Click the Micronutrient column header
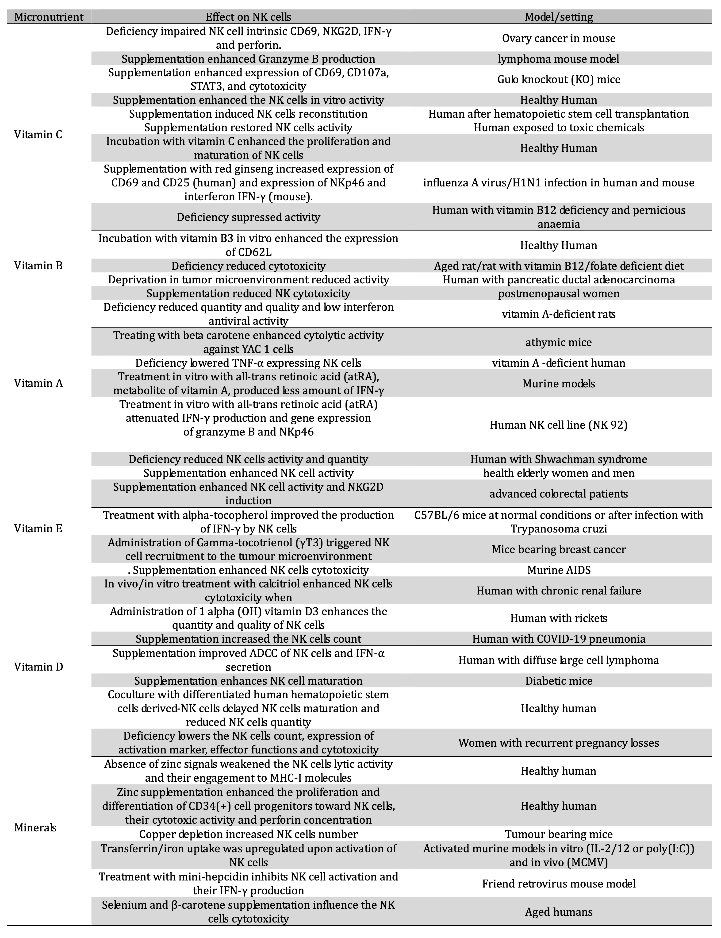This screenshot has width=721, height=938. click(49, 17)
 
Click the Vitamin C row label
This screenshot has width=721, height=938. click(38, 135)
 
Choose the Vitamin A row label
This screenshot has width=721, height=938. click(38, 383)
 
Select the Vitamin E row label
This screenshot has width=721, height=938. click(38, 529)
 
